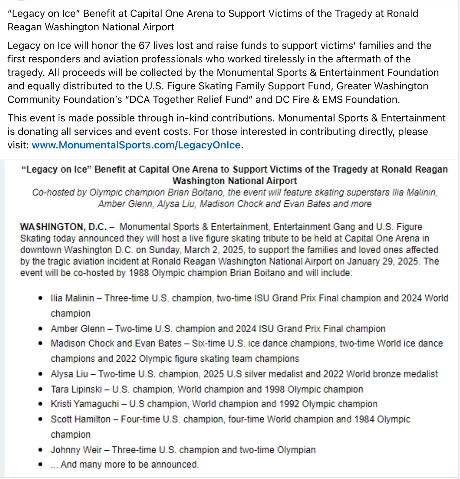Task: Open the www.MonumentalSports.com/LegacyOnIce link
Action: (x=136, y=145)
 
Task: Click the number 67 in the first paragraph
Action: (x=144, y=46)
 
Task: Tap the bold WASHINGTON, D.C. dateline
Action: (x=63, y=227)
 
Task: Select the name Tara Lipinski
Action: (x=76, y=389)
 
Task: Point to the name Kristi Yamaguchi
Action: (x=85, y=404)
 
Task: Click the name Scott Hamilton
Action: (x=81, y=419)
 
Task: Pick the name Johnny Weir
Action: (x=76, y=450)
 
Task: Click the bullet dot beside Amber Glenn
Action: (x=40, y=329)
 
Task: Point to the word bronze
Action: (x=379, y=374)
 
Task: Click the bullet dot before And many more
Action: (x=40, y=464)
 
